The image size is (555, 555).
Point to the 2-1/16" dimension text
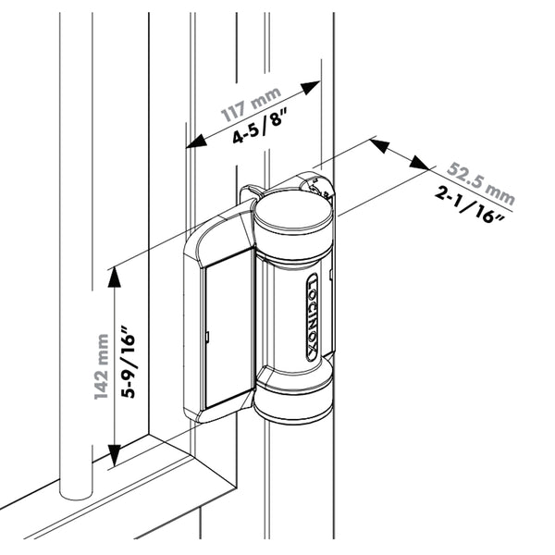click(x=469, y=205)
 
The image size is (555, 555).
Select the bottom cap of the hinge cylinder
click(x=292, y=407)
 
